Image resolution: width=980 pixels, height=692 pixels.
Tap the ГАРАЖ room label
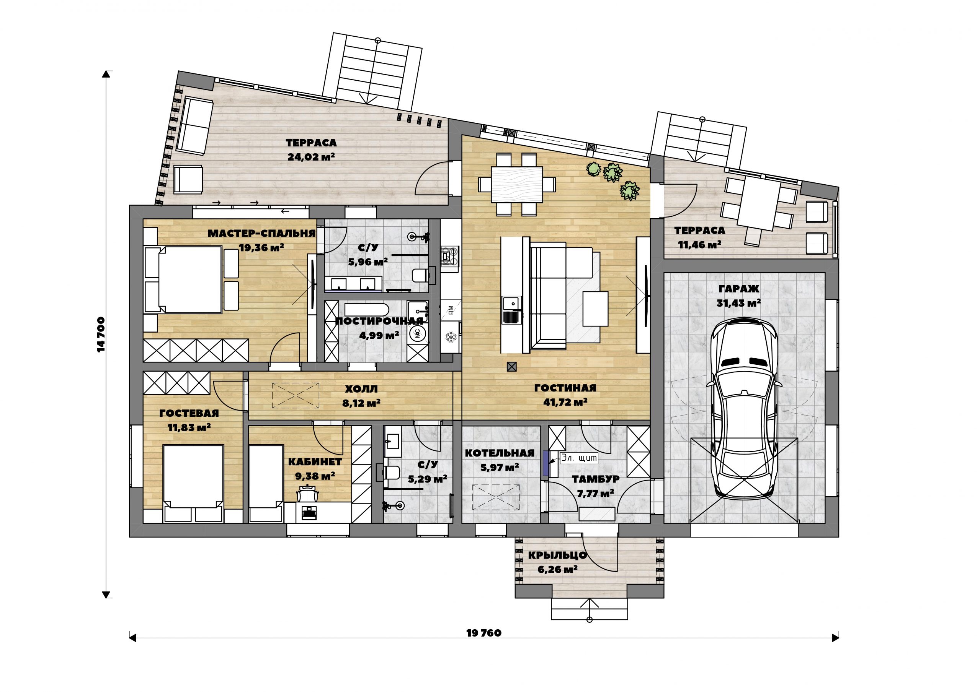(739, 289)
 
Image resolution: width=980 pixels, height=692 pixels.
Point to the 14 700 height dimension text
(101, 334)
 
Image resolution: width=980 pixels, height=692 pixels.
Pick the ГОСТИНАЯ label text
(565, 388)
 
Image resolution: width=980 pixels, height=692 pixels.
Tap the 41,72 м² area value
(565, 402)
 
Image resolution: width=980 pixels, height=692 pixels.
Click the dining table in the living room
(517, 185)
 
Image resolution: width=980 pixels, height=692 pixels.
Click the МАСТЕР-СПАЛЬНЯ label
(261, 234)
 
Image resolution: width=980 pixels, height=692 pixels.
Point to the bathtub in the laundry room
(367, 310)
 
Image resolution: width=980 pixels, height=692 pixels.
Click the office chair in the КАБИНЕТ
(307, 495)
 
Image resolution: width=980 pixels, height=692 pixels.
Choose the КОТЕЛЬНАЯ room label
(500, 453)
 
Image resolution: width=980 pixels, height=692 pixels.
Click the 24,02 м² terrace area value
(311, 156)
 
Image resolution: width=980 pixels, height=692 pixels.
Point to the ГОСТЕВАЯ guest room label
(189, 413)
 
